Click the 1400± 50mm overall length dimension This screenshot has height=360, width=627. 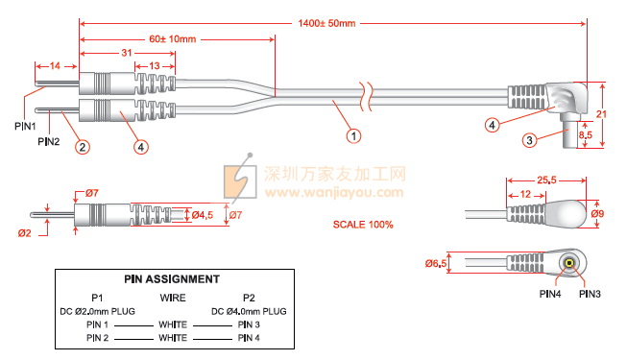point(326,23)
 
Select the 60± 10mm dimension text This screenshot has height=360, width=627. point(172,39)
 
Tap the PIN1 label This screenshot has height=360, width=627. point(25,127)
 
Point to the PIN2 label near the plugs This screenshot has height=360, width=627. point(49,142)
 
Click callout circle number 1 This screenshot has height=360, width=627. point(353,136)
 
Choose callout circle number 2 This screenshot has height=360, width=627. point(83,147)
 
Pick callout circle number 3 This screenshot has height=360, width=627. point(529,140)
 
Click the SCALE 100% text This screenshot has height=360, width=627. point(363,225)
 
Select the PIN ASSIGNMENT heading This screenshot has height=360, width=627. point(172,279)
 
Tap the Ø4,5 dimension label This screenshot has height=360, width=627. point(203,215)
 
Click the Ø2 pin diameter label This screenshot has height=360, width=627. point(24,233)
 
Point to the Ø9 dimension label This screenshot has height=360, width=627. point(597,214)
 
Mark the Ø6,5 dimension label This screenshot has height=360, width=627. point(436,264)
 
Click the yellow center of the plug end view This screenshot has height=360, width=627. point(569,263)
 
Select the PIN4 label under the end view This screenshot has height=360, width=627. point(550,294)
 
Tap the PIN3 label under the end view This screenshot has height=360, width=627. point(590,294)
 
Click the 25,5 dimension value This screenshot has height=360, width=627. point(546,180)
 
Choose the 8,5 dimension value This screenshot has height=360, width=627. point(586,134)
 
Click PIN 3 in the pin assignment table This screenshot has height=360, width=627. point(249,324)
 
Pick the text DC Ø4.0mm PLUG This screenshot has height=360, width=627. point(249,311)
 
